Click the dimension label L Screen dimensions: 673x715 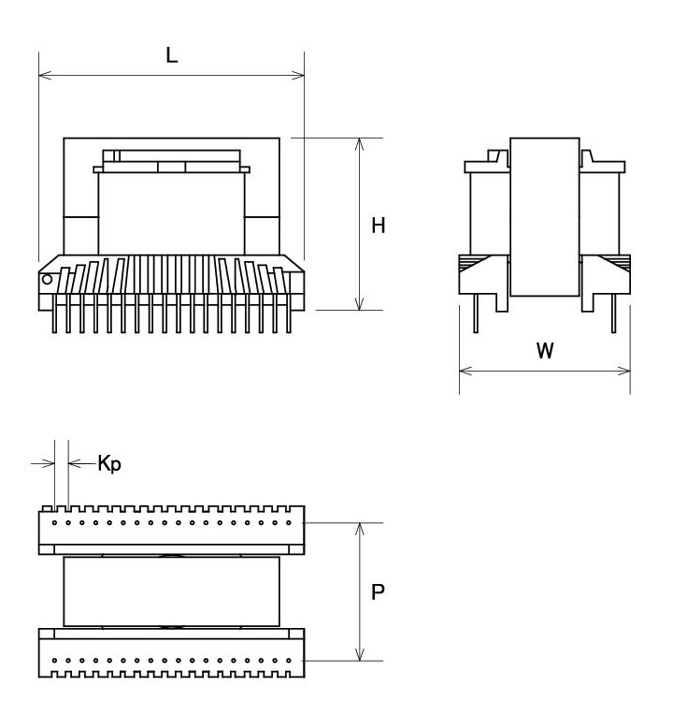point(172,55)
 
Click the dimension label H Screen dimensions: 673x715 point(378,226)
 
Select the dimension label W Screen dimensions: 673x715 point(545,350)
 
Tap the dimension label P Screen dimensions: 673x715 point(378,591)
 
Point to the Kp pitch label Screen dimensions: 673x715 point(109,464)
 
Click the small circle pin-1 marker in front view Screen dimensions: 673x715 point(47,279)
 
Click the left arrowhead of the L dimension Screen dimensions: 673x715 point(45,75)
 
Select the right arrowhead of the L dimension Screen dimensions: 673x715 point(298,75)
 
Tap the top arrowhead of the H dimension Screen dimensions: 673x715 point(360,144)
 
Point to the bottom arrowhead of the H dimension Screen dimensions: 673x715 point(360,304)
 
